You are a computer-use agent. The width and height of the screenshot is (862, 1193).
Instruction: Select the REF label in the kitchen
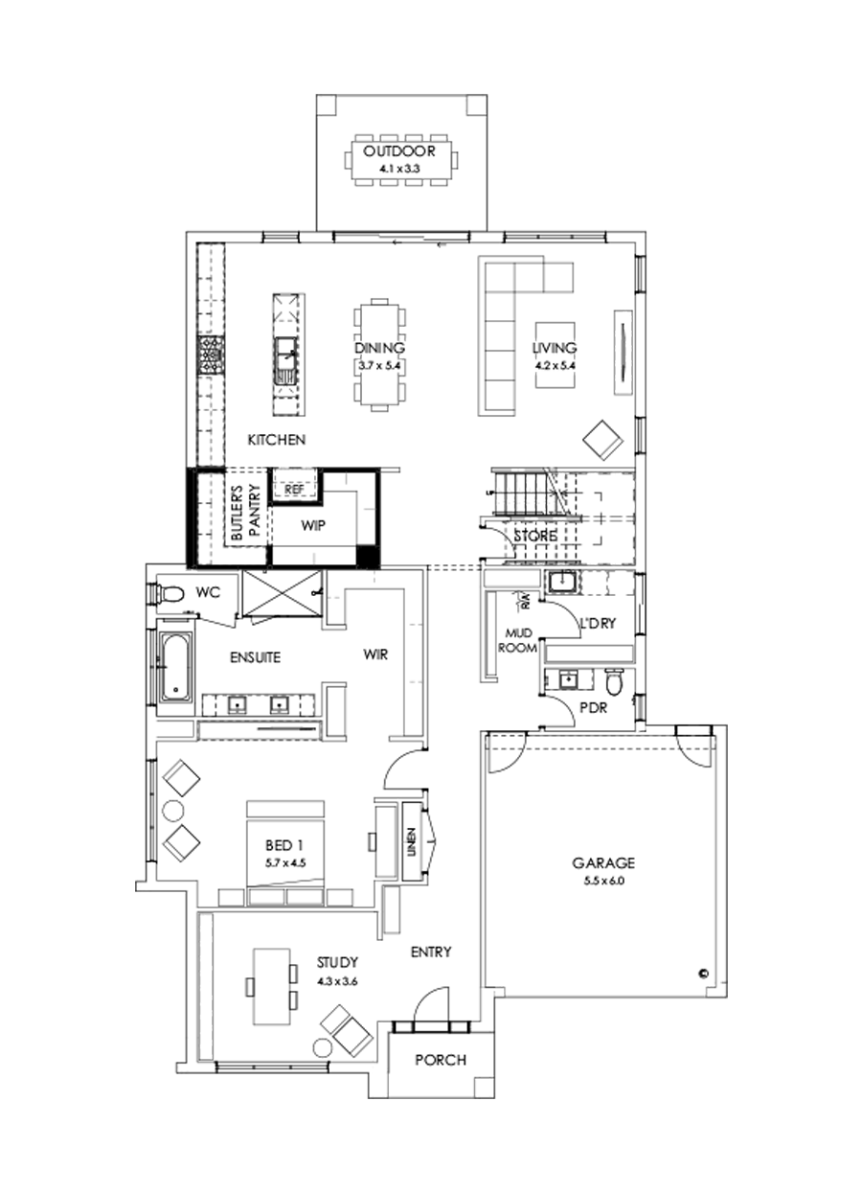[x=294, y=489]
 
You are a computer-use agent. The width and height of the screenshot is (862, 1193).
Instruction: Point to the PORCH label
[x=441, y=1060]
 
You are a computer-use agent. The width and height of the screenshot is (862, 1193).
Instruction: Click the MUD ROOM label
[x=519, y=640]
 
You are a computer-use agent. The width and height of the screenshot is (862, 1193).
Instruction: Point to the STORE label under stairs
[x=533, y=536]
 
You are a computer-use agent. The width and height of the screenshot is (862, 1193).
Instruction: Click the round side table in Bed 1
[x=172, y=811]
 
